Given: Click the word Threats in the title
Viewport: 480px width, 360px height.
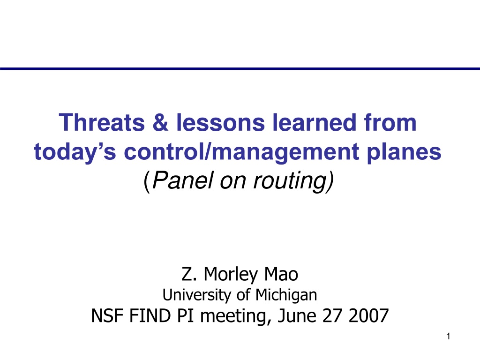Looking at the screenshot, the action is pos(102,122).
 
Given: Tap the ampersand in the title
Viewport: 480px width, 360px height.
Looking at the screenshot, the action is pos(160,122).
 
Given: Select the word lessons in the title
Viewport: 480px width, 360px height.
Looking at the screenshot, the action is pos(220,122).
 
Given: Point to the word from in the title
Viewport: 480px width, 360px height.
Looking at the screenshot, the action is pos(390,122).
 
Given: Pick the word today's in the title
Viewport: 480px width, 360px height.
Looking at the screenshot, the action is pos(75,152).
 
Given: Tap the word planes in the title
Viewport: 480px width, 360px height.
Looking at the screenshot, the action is pos(404,152).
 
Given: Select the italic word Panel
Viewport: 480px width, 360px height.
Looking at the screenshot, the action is pos(182,180).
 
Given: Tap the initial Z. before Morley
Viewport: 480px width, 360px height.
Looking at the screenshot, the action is pos(189,274).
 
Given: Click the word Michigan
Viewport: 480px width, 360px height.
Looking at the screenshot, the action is pos(286,295).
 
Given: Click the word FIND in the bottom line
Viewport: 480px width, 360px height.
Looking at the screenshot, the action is pos(150,315).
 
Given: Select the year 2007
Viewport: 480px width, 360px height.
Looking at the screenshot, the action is pos(368,315).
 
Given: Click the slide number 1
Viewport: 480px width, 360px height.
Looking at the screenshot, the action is pos(448,337).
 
